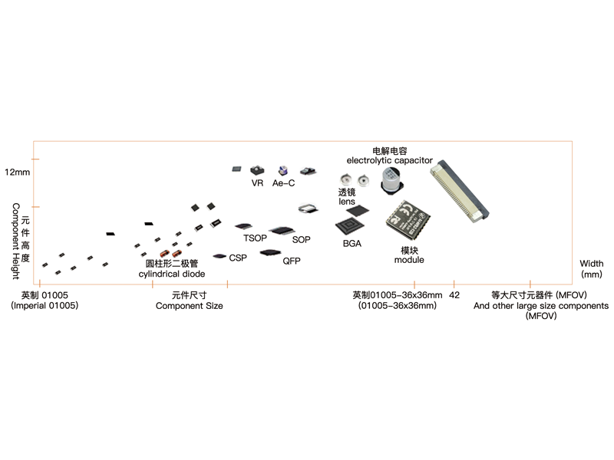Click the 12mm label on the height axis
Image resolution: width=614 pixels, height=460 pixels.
[x=17, y=172]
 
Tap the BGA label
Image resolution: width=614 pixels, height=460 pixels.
[x=352, y=244]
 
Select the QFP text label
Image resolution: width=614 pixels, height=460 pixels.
[x=292, y=261]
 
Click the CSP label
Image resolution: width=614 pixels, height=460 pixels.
[x=238, y=258]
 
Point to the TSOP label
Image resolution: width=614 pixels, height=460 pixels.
[x=255, y=238]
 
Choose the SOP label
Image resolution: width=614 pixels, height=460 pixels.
[x=301, y=240]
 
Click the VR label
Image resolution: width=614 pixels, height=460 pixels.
[x=257, y=183]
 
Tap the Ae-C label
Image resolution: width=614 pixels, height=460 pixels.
[x=283, y=183]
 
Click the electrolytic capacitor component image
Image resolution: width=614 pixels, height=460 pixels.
[x=392, y=180]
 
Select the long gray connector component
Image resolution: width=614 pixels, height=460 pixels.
[x=460, y=191]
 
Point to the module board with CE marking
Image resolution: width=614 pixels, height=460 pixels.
[x=408, y=219]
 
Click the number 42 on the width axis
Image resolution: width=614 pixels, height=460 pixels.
[x=454, y=295]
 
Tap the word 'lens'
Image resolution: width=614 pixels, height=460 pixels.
[x=347, y=202]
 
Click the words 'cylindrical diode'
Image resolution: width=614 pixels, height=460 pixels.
[x=172, y=274]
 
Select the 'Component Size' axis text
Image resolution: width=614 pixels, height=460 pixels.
[x=189, y=306]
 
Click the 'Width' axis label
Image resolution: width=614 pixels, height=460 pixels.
[x=591, y=264]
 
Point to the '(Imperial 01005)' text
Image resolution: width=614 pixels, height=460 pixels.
[x=45, y=305]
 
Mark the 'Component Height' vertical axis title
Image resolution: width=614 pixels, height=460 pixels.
[x=15, y=241]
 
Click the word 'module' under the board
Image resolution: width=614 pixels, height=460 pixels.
[x=409, y=260]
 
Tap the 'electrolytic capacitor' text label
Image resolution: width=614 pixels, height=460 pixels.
[x=390, y=160]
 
